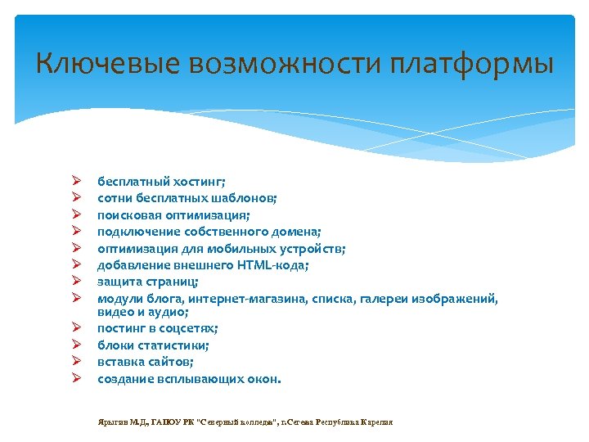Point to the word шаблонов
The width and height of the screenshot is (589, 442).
coord(245,198)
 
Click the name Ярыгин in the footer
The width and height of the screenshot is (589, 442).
coord(112,422)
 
